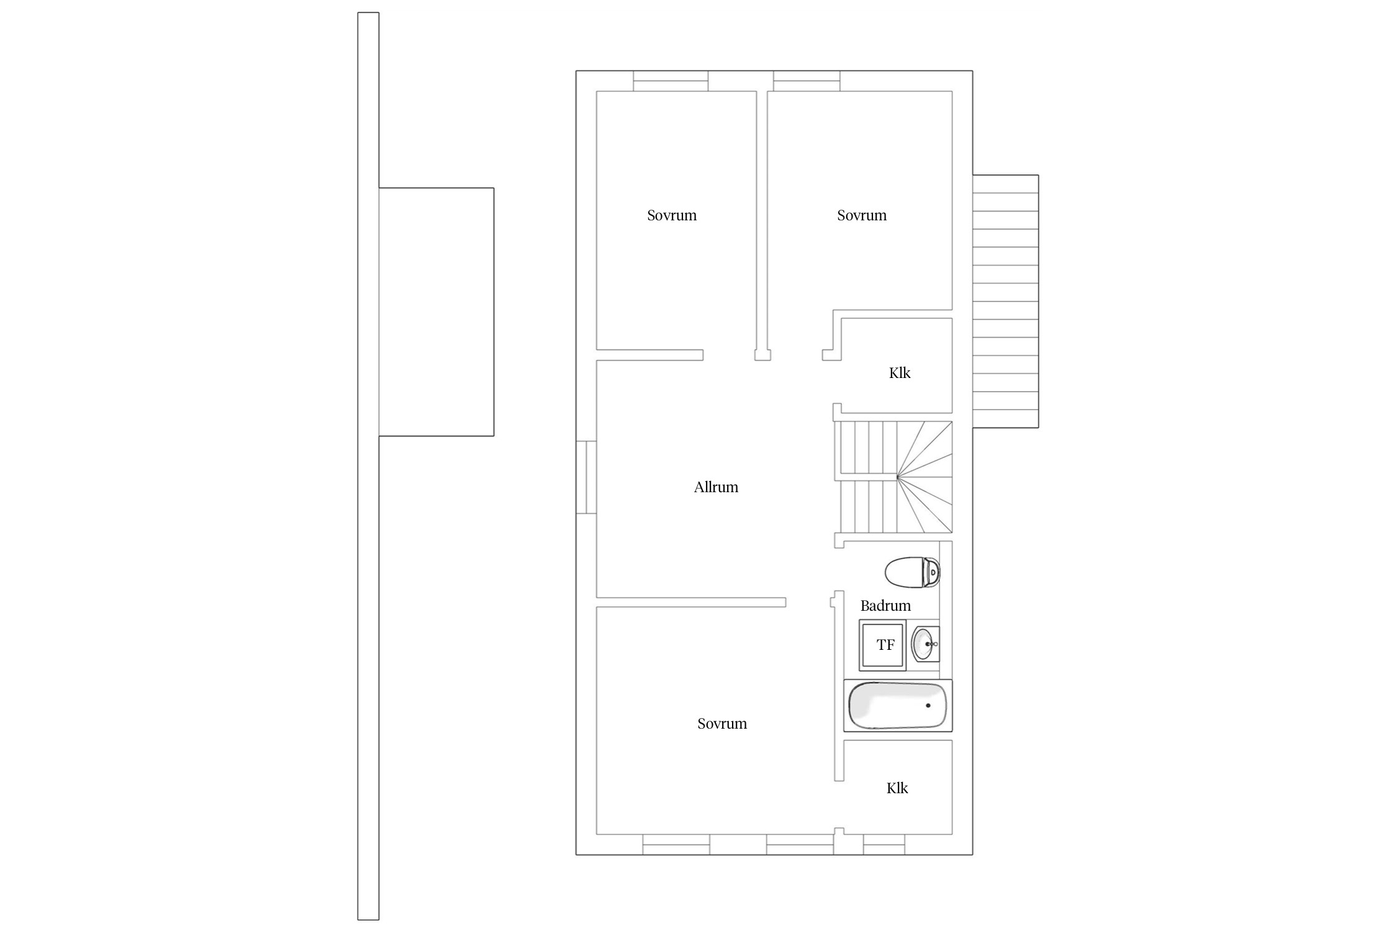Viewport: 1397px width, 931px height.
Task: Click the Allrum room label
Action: point(716,487)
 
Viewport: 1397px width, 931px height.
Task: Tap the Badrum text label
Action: point(885,606)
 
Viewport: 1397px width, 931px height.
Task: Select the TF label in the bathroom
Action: point(885,645)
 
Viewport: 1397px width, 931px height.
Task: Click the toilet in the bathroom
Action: point(912,572)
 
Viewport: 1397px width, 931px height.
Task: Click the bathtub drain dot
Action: point(928,706)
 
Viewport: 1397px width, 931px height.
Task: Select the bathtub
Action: point(898,706)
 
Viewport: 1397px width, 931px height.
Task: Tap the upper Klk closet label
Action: point(900,373)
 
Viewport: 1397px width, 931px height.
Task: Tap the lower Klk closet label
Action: point(897,788)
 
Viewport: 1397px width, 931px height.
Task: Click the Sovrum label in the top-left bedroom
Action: point(672,215)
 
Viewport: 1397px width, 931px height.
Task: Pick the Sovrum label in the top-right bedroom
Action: point(862,215)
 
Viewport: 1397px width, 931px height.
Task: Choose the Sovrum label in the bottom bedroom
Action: point(722,724)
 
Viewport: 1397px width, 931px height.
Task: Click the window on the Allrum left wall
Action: point(586,477)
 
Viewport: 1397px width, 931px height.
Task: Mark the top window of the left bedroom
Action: point(671,81)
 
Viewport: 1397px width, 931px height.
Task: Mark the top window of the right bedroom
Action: point(807,81)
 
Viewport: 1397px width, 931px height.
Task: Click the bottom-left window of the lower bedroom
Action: point(676,845)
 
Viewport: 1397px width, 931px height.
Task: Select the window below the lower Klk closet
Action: point(884,845)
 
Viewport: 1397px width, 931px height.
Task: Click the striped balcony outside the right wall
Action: point(1005,302)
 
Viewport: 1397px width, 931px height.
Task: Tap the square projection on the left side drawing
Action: point(436,312)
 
